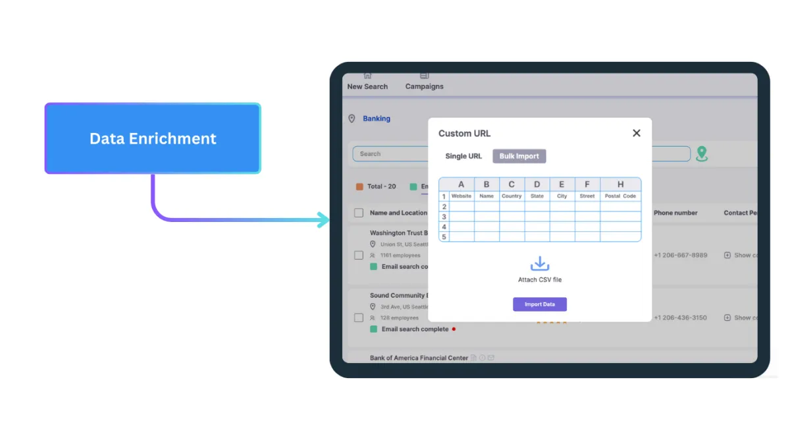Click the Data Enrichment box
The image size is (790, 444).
tap(153, 138)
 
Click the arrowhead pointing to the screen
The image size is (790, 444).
tap(324, 220)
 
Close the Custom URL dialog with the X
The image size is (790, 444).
tap(636, 133)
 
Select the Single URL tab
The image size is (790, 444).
tap(463, 156)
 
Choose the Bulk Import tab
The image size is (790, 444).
tap(519, 156)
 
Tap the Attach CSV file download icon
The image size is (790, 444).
tap(540, 264)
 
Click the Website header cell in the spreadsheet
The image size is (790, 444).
tap(461, 196)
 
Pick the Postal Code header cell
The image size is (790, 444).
tap(620, 196)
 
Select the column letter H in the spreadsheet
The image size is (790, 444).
tap(620, 184)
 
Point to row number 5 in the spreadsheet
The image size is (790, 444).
tap(444, 236)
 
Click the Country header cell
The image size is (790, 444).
tap(512, 196)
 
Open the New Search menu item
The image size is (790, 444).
tap(367, 86)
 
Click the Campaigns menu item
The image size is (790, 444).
tap(425, 86)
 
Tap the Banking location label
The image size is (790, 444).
tap(377, 119)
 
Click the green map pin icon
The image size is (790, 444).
tap(702, 154)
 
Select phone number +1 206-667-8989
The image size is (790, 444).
tap(680, 255)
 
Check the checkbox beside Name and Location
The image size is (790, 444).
tap(359, 213)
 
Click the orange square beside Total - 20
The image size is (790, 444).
tap(359, 186)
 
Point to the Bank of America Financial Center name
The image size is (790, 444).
tap(419, 358)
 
